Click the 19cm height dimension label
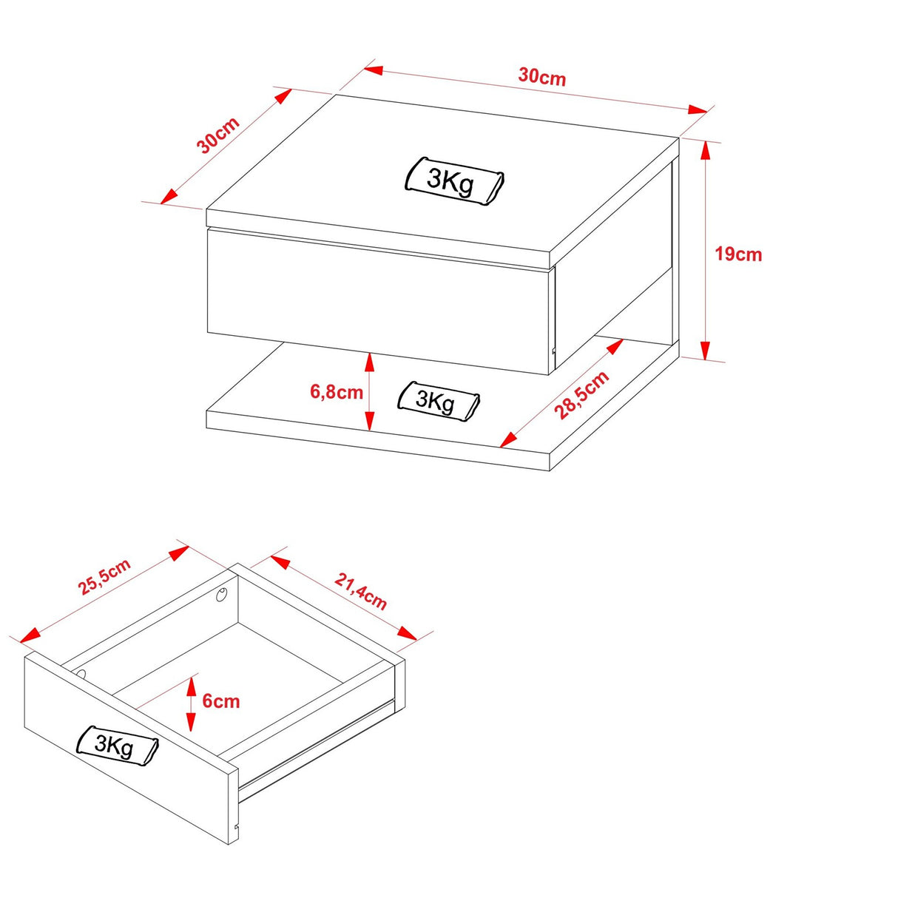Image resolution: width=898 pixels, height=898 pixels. click(x=738, y=254)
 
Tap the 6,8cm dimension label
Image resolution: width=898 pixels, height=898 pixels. click(x=337, y=392)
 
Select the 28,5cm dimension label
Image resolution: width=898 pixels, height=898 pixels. click(x=581, y=394)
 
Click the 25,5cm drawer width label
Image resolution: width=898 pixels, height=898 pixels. click(x=105, y=576)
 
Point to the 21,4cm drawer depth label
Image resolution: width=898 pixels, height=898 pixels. click(x=360, y=591)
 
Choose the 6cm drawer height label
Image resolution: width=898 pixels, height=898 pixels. click(x=221, y=701)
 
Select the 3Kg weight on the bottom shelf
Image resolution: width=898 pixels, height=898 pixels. click(x=438, y=401)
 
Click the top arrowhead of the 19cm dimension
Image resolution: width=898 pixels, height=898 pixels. click(x=706, y=149)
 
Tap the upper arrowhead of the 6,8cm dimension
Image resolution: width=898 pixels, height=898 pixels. click(x=369, y=362)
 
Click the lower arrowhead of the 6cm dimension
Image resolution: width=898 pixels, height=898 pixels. click(x=191, y=722)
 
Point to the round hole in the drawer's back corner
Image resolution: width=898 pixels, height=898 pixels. click(x=221, y=594)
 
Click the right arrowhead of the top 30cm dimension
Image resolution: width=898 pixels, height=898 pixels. click(x=698, y=110)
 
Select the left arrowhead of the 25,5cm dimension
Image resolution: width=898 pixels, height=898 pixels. click(x=30, y=634)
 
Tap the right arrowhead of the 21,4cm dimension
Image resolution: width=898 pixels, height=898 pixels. click(x=407, y=633)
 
